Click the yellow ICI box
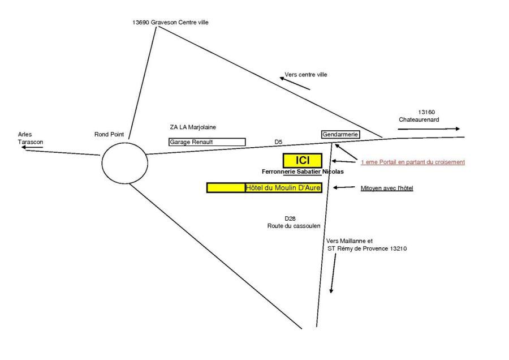pyautogui.click(x=302, y=160)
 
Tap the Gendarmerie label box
pyautogui.click(x=340, y=135)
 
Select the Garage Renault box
pyautogui.click(x=207, y=142)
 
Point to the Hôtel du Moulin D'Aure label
pyautogui.click(x=283, y=187)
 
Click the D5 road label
pyautogui.click(x=278, y=142)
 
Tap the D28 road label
pyautogui.click(x=290, y=218)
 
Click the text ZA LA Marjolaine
pyautogui.click(x=193, y=127)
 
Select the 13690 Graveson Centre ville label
pyautogui.click(x=162, y=22)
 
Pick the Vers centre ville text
pyautogui.click(x=306, y=74)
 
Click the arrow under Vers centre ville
pyautogui.click(x=295, y=84)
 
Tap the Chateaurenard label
pyautogui.click(x=419, y=120)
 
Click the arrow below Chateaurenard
pyautogui.click(x=429, y=129)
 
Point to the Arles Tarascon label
pyautogui.click(x=29, y=138)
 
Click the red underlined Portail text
pyautogui.click(x=412, y=162)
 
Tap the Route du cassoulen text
pyautogui.click(x=294, y=225)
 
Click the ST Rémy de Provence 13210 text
pyautogui.click(x=367, y=248)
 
